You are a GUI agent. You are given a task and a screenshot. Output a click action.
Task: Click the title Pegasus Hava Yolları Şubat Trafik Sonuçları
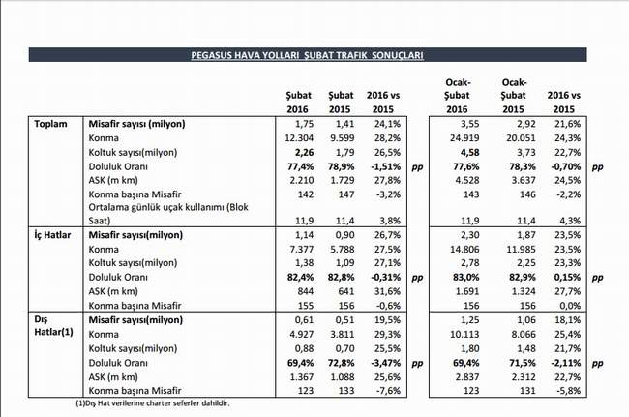(x=308, y=55)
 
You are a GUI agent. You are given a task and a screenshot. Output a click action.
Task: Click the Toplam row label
(x=50, y=124)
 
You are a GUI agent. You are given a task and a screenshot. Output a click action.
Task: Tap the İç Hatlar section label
(x=52, y=235)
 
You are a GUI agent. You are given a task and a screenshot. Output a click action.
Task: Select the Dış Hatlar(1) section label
(x=53, y=326)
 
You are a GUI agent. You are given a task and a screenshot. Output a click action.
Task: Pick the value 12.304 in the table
(x=299, y=138)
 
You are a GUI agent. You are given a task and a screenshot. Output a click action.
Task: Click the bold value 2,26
(x=304, y=152)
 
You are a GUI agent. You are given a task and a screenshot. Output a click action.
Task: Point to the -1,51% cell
(x=385, y=166)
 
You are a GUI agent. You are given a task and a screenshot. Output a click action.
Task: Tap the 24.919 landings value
(x=464, y=138)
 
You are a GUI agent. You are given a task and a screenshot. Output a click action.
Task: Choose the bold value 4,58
(x=469, y=152)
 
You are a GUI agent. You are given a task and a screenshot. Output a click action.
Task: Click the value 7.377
(x=302, y=249)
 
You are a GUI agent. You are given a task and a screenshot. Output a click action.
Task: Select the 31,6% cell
(x=387, y=291)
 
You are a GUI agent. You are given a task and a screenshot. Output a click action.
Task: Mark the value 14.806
(x=464, y=249)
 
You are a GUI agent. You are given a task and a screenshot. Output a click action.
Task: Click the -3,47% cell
(x=385, y=363)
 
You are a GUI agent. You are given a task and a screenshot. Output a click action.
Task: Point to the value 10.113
(x=464, y=334)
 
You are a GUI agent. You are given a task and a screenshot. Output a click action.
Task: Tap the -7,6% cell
(x=388, y=391)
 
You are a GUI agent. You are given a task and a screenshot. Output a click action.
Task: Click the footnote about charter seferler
(x=153, y=403)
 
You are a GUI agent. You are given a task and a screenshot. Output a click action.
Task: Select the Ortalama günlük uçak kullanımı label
(x=168, y=214)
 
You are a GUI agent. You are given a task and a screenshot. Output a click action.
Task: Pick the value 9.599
(x=343, y=138)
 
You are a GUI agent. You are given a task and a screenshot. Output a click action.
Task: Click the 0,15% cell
(x=568, y=277)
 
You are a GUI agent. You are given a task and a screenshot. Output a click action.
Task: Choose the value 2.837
(x=467, y=377)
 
